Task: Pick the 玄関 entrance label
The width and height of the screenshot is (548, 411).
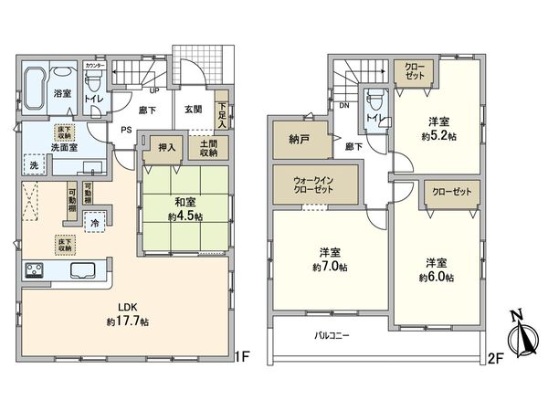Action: click(x=193, y=110)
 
